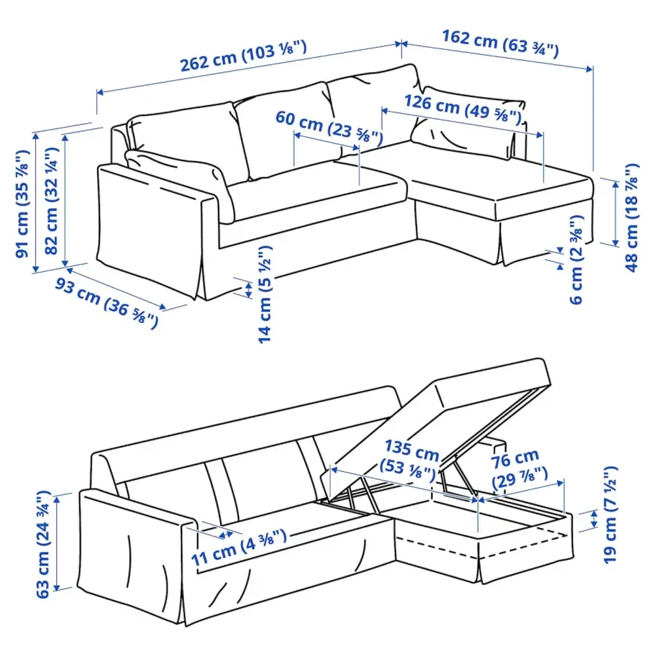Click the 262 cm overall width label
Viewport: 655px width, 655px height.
[x=244, y=58]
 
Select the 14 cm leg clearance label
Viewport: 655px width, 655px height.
[x=264, y=295]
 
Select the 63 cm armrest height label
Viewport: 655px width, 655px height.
[x=44, y=544]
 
